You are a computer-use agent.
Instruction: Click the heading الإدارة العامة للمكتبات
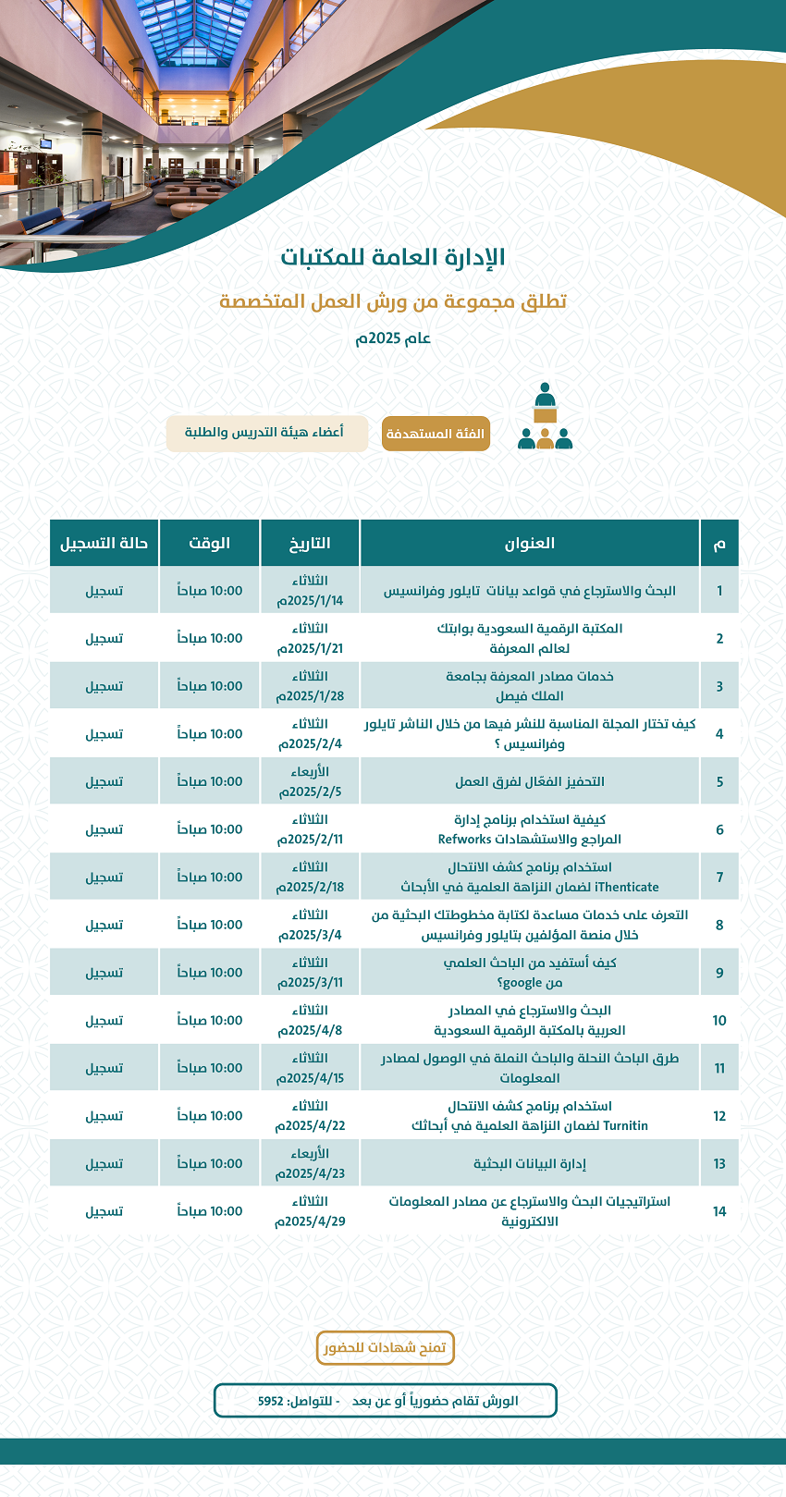tap(393, 257)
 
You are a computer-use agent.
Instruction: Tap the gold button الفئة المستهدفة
tap(436, 434)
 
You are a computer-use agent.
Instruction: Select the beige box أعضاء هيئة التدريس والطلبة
tap(266, 433)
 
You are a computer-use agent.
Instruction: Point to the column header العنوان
tap(530, 543)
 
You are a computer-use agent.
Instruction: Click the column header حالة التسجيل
tap(104, 543)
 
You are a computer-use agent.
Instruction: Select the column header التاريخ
tap(310, 543)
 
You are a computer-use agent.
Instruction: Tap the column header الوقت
tap(210, 543)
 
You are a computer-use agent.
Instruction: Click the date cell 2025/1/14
tap(310, 591)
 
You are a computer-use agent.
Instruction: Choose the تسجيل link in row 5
tap(104, 781)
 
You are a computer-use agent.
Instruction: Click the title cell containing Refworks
tap(530, 829)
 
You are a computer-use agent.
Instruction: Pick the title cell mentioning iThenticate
tap(530, 877)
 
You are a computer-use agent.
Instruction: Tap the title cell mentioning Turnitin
tap(530, 1116)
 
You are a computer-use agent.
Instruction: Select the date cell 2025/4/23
tap(310, 1164)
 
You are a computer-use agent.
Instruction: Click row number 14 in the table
tap(719, 1211)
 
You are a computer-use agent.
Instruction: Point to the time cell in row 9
tap(210, 973)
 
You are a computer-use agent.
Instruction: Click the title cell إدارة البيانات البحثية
tap(530, 1164)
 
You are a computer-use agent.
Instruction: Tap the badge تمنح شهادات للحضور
tap(386, 1348)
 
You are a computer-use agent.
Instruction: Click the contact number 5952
tap(271, 1401)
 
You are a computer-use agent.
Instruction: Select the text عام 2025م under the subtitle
tap(393, 338)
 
